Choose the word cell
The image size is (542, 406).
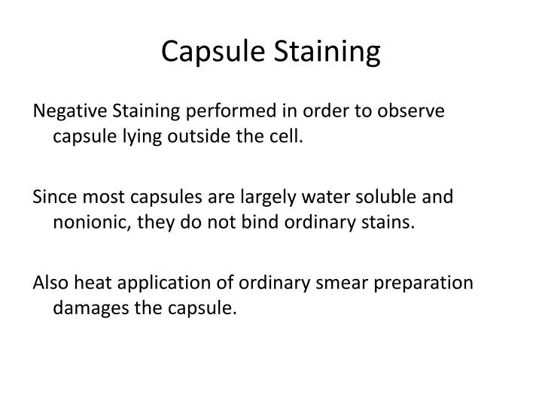tap(289, 138)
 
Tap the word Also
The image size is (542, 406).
tap(50, 283)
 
